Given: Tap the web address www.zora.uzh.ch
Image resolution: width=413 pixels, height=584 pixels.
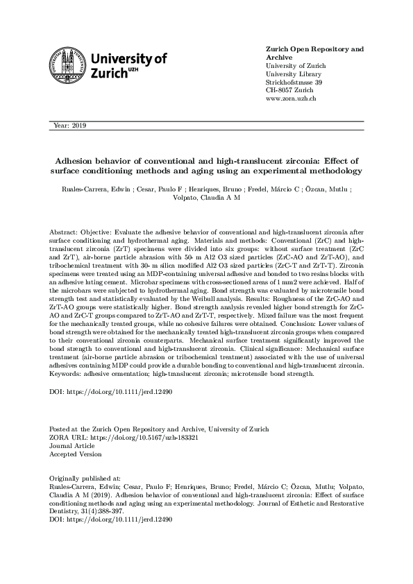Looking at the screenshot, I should pos(292,99).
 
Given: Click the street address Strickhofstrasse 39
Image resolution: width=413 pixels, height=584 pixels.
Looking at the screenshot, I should pos(294,83).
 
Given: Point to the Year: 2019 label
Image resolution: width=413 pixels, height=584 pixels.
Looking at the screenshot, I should pos(69,126).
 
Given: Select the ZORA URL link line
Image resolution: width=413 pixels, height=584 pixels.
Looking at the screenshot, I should pos(108,438).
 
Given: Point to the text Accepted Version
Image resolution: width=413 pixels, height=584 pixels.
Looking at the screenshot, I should pos(75,454).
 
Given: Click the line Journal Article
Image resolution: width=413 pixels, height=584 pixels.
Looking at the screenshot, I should pos(71,446).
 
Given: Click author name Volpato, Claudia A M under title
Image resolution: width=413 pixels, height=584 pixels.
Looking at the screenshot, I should pos(206,197).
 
